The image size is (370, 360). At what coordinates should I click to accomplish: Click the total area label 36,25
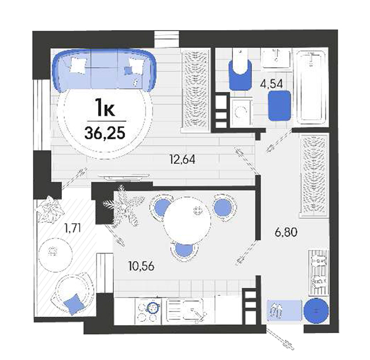[105, 134]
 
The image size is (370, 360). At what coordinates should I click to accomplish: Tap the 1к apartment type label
[105, 108]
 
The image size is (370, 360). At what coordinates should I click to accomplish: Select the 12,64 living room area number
[182, 160]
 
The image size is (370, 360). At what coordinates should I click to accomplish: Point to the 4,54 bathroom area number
[271, 84]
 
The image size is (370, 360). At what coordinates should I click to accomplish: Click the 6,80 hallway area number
[286, 232]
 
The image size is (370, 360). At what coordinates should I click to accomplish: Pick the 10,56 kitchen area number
[142, 266]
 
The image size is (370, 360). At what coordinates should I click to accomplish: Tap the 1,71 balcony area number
[73, 229]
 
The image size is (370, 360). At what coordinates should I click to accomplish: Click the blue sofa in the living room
[104, 70]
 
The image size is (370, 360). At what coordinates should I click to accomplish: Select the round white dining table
[187, 221]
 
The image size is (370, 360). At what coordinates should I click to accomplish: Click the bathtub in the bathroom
[311, 87]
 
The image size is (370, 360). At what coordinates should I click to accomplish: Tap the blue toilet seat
[240, 75]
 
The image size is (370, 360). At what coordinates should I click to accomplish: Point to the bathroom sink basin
[276, 58]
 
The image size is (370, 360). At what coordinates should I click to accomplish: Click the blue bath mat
[279, 105]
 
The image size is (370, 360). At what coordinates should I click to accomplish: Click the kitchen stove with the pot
[148, 311]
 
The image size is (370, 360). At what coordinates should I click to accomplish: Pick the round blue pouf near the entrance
[316, 310]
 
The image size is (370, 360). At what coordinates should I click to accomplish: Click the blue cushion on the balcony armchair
[74, 304]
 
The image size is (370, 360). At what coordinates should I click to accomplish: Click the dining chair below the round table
[184, 250]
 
